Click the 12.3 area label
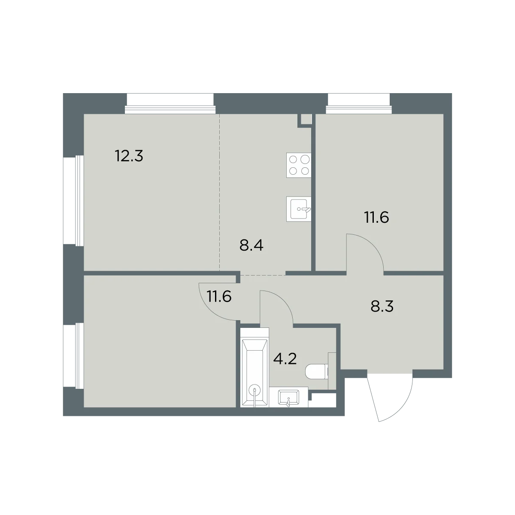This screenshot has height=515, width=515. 129,156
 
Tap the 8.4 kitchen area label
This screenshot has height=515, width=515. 251,245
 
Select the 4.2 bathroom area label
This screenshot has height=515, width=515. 285,359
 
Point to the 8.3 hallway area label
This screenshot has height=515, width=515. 382,306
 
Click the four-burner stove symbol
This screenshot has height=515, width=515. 299,165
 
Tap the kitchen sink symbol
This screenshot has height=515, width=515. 299,209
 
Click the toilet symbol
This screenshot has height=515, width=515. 317,371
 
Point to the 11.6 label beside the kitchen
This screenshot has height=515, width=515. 376,217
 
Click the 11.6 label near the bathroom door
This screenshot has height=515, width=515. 219,297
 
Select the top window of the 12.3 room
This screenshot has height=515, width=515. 170,104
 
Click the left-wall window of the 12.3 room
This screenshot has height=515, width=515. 73,200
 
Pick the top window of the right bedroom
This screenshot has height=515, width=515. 359,104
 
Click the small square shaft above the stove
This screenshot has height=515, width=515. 306,119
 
